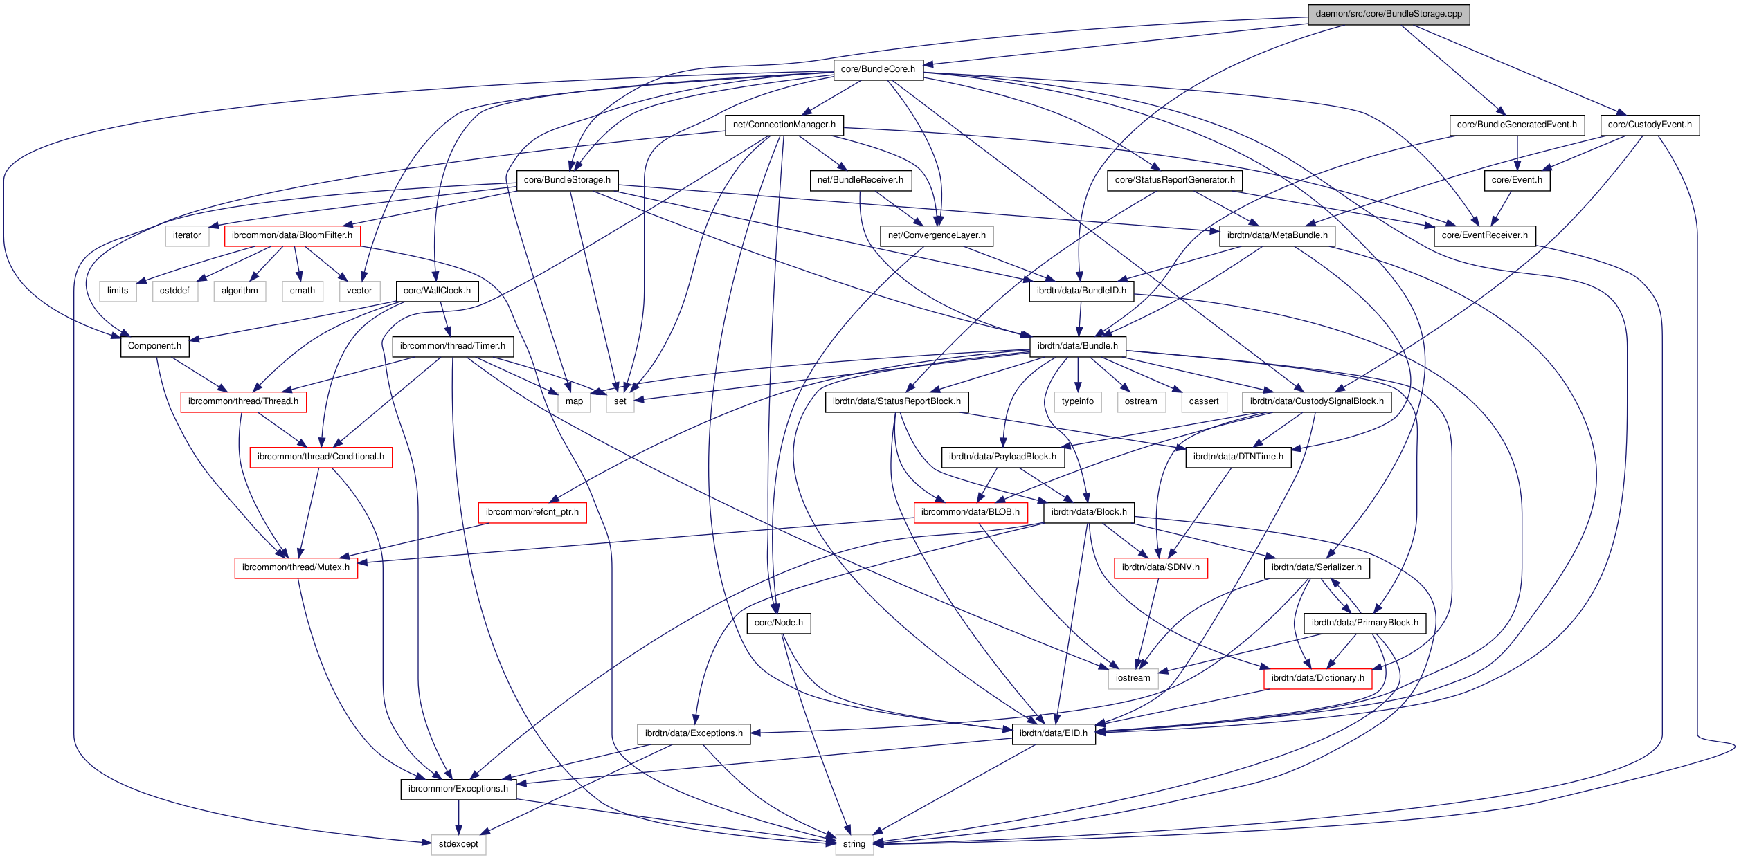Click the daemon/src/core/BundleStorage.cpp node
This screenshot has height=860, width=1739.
point(1388,14)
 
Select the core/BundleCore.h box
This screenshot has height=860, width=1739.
point(877,69)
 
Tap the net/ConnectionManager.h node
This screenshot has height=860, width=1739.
point(784,125)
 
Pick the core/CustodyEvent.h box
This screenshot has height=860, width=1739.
point(1649,125)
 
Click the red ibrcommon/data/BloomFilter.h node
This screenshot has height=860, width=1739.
point(291,235)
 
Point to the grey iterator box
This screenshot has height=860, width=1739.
point(187,235)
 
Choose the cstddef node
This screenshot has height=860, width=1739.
point(174,291)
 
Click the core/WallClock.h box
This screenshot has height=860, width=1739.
point(437,291)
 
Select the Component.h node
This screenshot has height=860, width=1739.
point(154,346)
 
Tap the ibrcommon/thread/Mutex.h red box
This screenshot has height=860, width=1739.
point(296,567)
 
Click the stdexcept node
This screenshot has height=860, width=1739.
point(458,844)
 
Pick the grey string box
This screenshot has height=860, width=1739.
point(854,844)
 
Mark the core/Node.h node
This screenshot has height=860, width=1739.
point(778,623)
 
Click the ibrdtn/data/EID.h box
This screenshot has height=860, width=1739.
point(1053,733)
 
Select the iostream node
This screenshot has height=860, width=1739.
point(1133,678)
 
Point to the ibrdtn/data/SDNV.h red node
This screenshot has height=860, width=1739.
point(1160,567)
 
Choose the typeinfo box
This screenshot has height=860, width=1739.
point(1077,401)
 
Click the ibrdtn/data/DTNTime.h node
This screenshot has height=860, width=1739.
point(1238,457)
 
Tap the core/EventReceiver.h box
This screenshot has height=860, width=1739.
point(1484,235)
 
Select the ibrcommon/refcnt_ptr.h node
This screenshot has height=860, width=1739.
point(532,512)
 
